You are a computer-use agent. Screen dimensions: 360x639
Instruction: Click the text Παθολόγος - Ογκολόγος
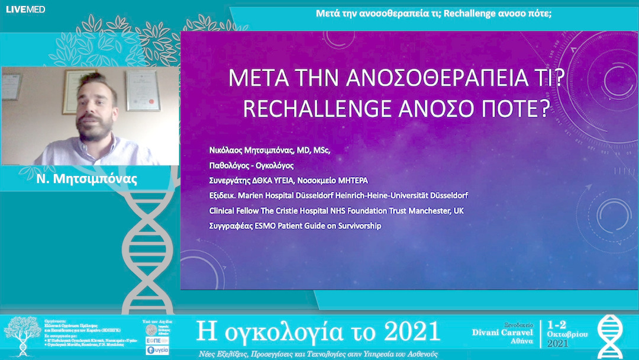pos(251,165)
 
